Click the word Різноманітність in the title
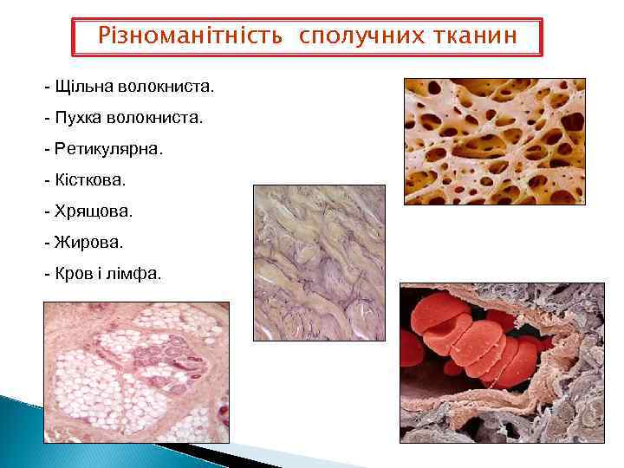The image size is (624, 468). click(x=189, y=36)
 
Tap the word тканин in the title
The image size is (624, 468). click(x=470, y=36)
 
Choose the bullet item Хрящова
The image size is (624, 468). click(x=94, y=211)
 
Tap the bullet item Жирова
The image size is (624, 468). click(x=88, y=243)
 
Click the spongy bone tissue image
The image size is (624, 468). click(x=494, y=141)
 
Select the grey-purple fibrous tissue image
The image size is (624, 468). click(x=318, y=263)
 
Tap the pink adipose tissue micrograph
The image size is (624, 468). click(x=136, y=372)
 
